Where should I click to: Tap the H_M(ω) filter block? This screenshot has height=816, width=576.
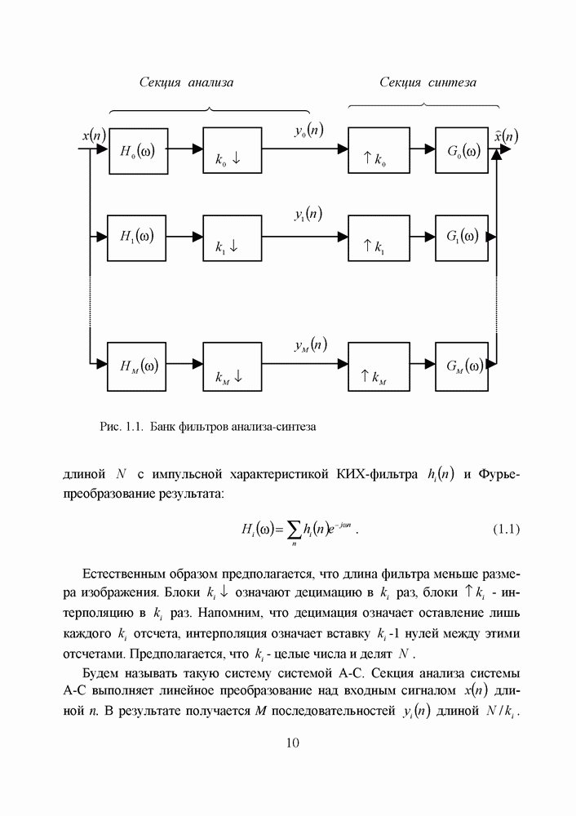tap(139, 365)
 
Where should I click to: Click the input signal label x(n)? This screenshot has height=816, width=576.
tap(93, 135)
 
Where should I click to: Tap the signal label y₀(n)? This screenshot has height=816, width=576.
tap(308, 131)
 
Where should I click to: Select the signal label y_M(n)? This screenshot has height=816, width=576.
tap(310, 345)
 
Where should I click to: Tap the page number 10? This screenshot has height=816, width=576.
tap(294, 743)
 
